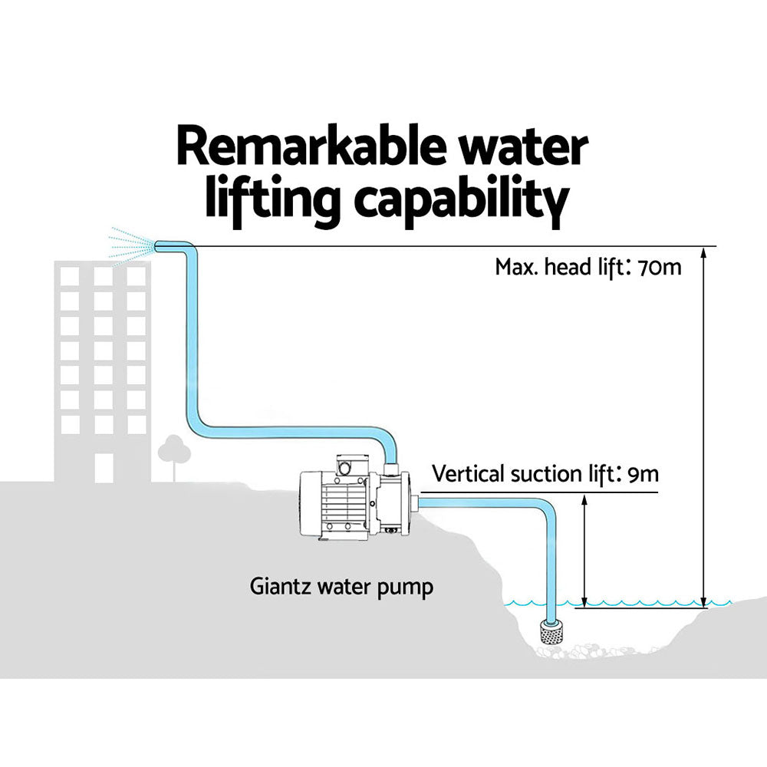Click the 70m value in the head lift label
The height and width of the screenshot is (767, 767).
(659, 268)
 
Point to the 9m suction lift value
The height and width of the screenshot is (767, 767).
(643, 473)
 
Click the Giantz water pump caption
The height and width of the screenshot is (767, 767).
(341, 588)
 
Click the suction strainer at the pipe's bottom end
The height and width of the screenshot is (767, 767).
(552, 631)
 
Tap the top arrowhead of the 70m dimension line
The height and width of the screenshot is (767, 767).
(704, 253)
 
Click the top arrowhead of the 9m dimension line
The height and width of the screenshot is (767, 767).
(584, 499)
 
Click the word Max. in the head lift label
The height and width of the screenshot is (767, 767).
(520, 268)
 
